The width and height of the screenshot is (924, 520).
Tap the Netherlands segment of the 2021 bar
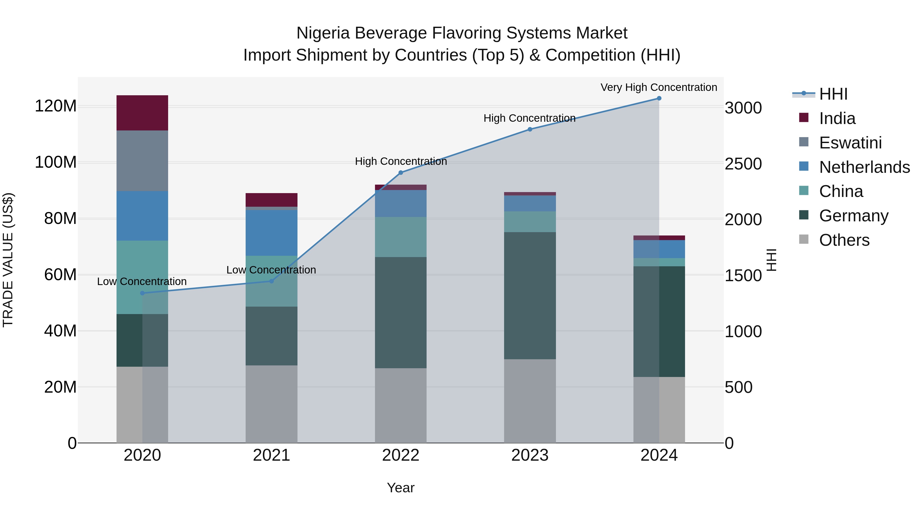pos(271,233)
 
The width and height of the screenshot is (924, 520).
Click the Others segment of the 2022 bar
pos(400,405)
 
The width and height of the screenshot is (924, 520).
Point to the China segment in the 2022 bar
pos(400,237)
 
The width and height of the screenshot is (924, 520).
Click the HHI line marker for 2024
pos(659,98)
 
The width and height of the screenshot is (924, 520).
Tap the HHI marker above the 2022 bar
pos(401,173)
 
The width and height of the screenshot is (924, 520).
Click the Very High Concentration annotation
pos(659,87)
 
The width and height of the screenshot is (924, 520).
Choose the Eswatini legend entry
pos(850,143)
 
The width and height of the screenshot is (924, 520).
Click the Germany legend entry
pos(853,216)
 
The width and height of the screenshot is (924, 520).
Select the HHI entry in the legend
pos(833,94)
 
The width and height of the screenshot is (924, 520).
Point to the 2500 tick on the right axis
pos(743,164)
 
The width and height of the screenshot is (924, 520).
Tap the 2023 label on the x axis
pos(530,455)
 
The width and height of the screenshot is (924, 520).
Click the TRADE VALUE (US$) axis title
pos(8,260)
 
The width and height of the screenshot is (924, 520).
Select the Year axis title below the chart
pos(400,488)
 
